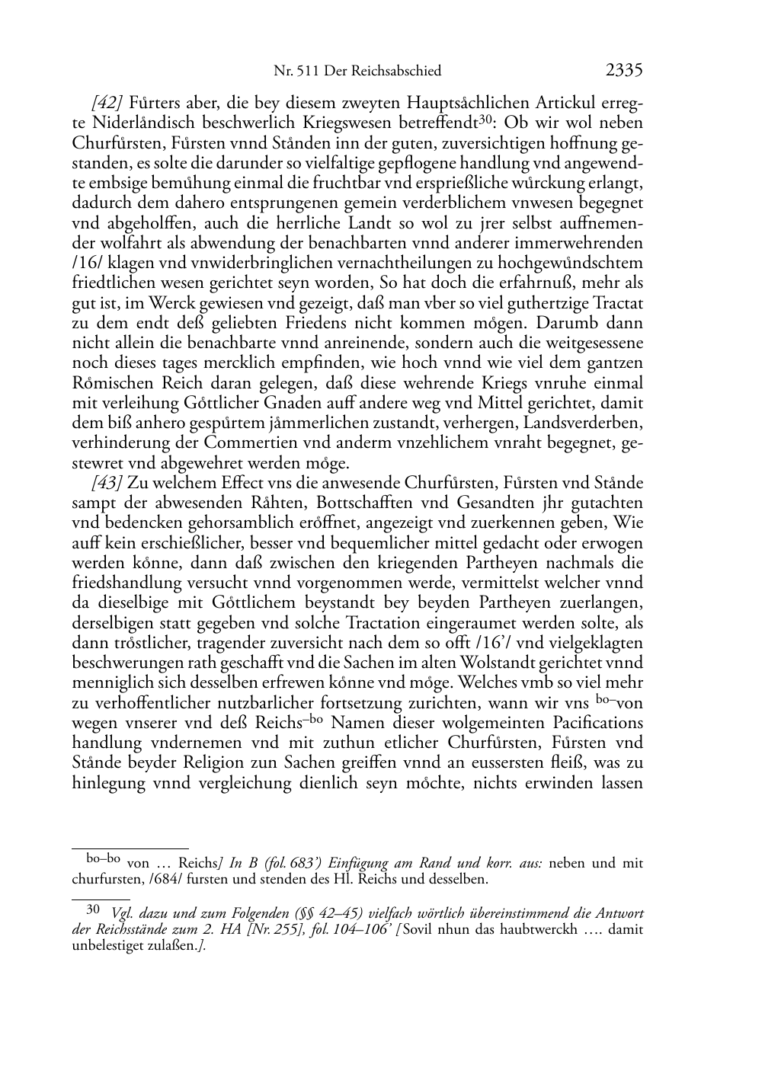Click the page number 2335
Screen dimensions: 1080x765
(x=624, y=71)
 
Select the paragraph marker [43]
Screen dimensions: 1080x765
(x=107, y=483)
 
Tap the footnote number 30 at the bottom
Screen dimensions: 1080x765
(x=93, y=909)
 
